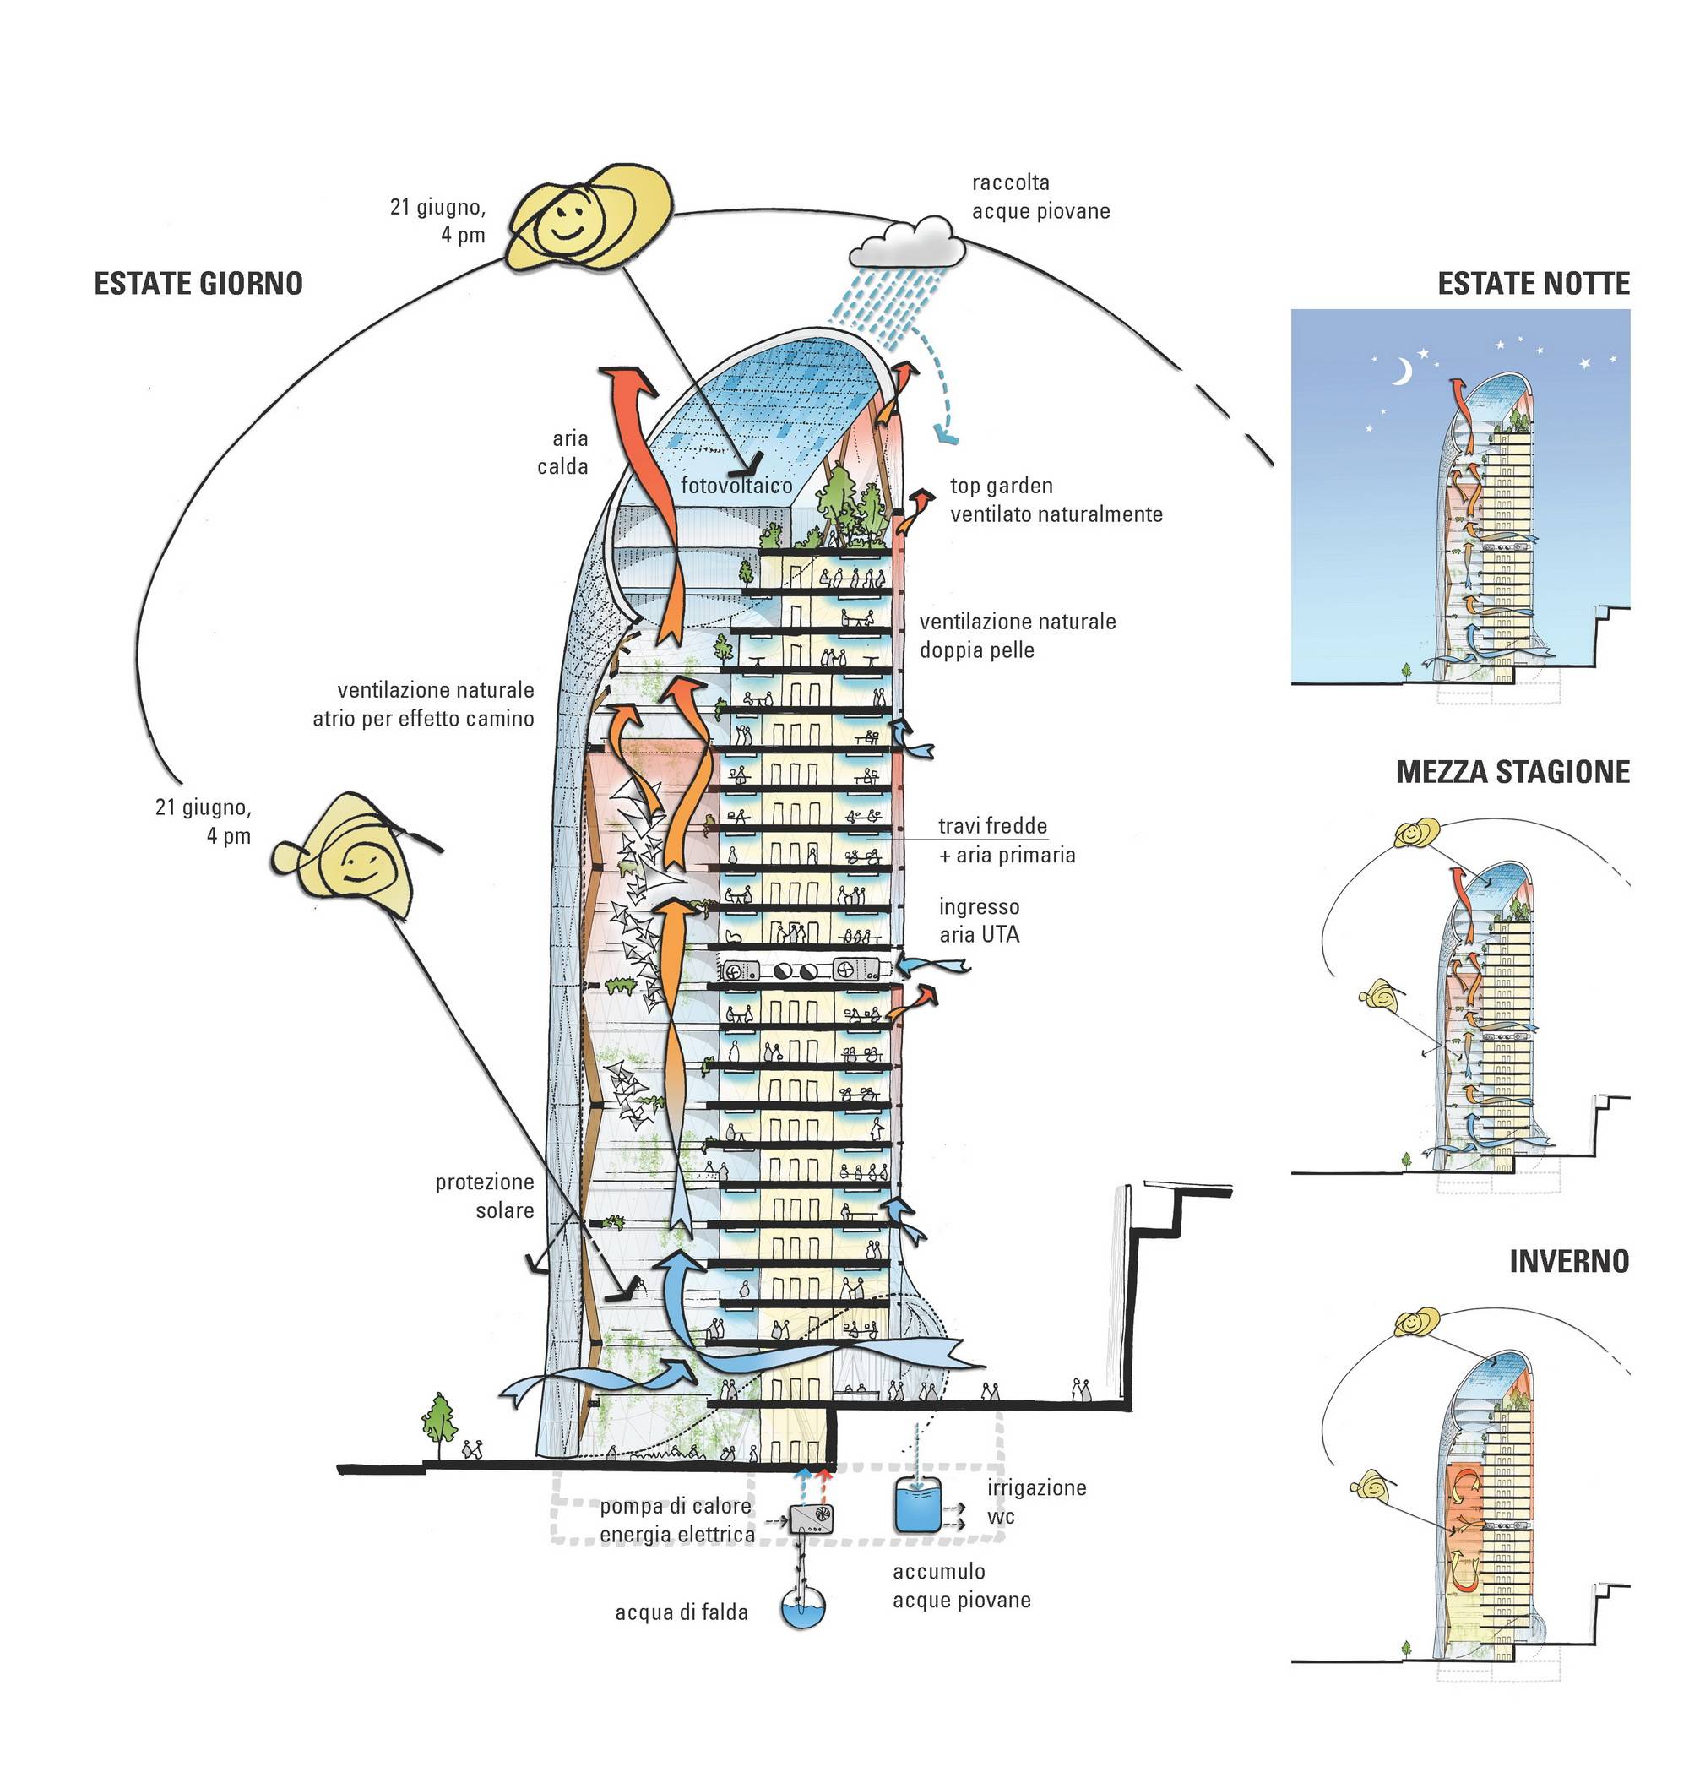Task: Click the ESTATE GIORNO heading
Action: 198,284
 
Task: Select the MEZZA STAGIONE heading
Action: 1512,772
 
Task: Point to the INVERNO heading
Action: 1568,1261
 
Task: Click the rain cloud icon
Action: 907,242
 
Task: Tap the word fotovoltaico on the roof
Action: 736,487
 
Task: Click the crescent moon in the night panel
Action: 1401,371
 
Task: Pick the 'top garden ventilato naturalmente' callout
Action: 1055,500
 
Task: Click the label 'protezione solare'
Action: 486,1195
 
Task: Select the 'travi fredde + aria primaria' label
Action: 1006,840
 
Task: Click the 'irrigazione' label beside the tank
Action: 1036,1487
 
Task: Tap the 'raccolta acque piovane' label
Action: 1040,196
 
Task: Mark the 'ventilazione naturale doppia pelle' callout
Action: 1017,635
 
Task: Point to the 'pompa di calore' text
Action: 676,1506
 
